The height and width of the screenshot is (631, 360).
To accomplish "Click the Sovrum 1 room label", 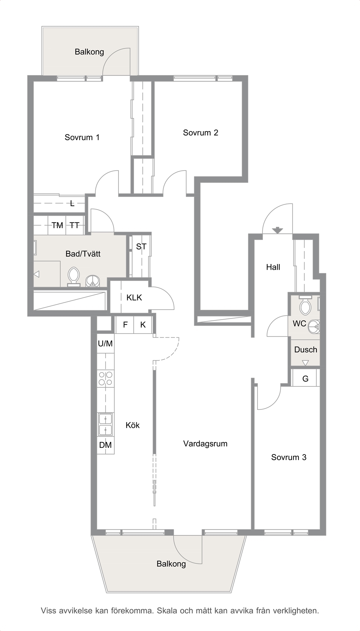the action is pyautogui.click(x=82, y=137).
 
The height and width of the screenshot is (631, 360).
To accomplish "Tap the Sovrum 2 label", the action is pyautogui.click(x=200, y=133).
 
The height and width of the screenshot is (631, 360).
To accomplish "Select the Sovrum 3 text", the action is pyautogui.click(x=289, y=457).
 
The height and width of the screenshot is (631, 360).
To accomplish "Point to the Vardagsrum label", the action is pyautogui.click(x=205, y=444).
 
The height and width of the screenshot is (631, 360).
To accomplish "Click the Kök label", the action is pyautogui.click(x=133, y=425).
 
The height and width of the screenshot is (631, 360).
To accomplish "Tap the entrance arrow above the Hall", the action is pyautogui.click(x=277, y=230).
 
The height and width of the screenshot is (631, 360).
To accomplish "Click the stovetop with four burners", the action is pyautogui.click(x=105, y=378).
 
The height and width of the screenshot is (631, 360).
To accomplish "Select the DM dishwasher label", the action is pyautogui.click(x=105, y=445).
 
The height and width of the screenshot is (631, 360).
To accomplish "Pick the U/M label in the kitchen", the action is pyautogui.click(x=105, y=343).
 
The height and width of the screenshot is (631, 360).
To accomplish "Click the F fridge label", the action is pyautogui.click(x=125, y=325).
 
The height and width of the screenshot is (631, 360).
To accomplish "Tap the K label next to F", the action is pyautogui.click(x=143, y=325).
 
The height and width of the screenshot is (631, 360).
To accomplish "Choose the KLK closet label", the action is pyautogui.click(x=134, y=297).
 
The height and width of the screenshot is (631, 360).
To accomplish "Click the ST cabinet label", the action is pyautogui.click(x=141, y=247).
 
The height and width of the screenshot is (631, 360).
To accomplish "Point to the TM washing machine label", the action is pyautogui.click(x=57, y=225).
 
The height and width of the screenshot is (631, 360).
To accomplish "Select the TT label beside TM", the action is pyautogui.click(x=75, y=225).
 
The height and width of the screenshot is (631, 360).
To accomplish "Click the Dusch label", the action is pyautogui.click(x=306, y=350).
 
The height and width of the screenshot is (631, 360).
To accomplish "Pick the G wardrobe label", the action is pyautogui.click(x=306, y=379).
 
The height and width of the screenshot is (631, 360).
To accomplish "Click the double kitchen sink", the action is pyautogui.click(x=105, y=424).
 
